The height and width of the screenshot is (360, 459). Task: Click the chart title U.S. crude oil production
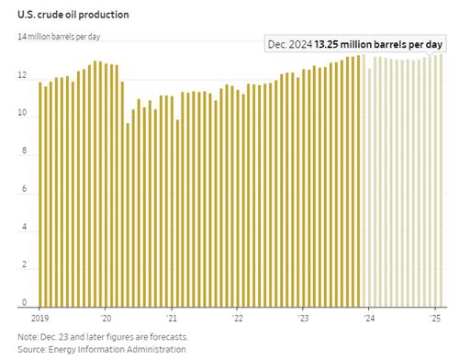(73, 15)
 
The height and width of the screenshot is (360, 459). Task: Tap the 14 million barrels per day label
(59, 37)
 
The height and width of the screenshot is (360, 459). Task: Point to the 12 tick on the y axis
(22, 75)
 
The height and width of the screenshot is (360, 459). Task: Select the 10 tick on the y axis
(22, 113)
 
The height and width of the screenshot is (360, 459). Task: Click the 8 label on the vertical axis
(24, 151)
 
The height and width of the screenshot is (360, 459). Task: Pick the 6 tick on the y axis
(24, 188)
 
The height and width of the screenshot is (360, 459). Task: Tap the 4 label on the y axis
(24, 227)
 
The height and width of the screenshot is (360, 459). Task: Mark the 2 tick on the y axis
(24, 264)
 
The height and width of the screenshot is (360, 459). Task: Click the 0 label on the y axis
(24, 302)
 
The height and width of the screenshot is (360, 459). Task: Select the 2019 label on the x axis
(39, 319)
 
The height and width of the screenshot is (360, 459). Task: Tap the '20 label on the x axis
(106, 319)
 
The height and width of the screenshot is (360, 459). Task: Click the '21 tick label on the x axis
(172, 319)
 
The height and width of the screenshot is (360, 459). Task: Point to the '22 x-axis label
(237, 319)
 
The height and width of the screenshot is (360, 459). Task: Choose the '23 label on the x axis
(303, 319)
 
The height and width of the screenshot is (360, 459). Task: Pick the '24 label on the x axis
(369, 319)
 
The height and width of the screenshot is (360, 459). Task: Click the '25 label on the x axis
(435, 319)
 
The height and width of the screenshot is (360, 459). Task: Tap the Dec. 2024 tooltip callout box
(355, 44)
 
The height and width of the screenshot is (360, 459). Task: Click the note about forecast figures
(103, 337)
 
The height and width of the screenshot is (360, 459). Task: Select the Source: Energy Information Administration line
(102, 349)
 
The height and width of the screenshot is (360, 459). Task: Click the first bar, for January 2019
(39, 195)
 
